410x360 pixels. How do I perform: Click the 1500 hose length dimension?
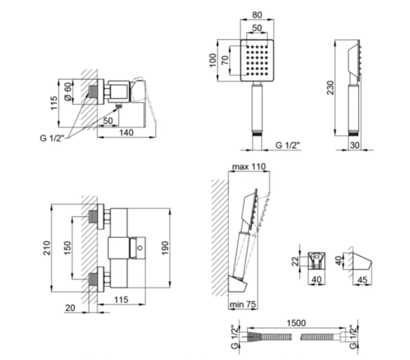pos(296,323)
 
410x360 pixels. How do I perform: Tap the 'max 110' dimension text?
pos(248,167)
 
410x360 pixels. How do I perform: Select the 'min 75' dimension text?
pos(243,304)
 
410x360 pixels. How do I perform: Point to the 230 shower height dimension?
pos(330,88)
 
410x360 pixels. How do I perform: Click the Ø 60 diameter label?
pos(68,91)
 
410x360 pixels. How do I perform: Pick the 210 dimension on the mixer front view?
pos(47,248)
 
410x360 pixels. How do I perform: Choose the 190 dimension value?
pos(165,248)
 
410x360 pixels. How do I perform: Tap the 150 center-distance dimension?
pos(67,248)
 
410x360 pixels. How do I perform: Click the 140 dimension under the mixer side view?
pos(127,132)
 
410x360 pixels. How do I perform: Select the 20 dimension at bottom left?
pos(70,308)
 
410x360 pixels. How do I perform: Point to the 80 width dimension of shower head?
pos(257,15)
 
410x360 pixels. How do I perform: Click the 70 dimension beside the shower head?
pos(225,60)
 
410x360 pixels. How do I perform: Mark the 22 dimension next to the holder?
pos(295,261)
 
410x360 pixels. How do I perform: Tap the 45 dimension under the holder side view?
pos(362,280)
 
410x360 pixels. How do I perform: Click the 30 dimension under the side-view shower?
pos(354,145)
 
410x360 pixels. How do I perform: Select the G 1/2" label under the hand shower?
pos(288,145)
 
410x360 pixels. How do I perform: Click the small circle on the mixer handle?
pos(140,247)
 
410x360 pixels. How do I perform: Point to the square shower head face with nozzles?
pos(257,60)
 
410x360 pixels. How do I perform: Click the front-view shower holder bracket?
pos(316,261)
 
